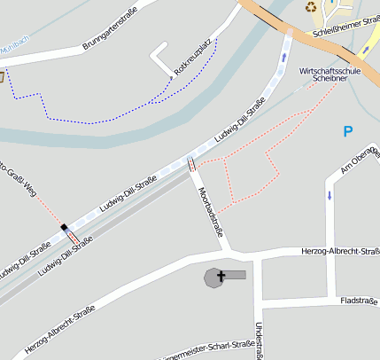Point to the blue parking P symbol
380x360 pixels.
click(x=348, y=131)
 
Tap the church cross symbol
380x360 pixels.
click(x=221, y=277)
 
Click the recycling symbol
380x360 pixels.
click(x=312, y=8)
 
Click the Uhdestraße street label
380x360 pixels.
click(x=259, y=340)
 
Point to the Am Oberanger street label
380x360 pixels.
click(x=360, y=159)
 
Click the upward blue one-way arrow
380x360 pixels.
click(x=283, y=57)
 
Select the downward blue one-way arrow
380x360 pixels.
click(x=329, y=194)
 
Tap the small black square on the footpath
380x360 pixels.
click(x=64, y=228)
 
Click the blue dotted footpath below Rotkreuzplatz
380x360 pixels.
click(x=106, y=117)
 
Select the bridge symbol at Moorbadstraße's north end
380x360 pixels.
click(x=191, y=164)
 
